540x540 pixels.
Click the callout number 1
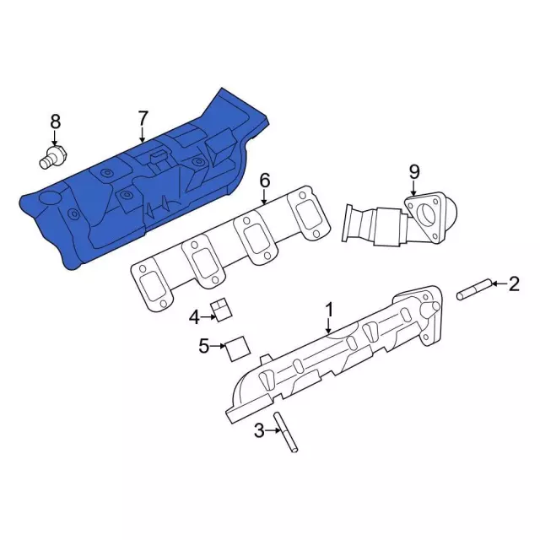coord(330,310)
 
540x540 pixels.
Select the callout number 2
coord(514,284)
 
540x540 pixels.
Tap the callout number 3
coord(259,430)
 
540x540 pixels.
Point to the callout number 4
coord(195,317)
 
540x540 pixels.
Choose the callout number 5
coord(204,346)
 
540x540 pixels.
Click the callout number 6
coord(264,181)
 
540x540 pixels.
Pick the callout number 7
coord(143,118)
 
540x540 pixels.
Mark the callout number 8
coord(56,121)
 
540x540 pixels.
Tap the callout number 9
coord(414,171)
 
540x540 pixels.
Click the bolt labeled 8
coord(54,158)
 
